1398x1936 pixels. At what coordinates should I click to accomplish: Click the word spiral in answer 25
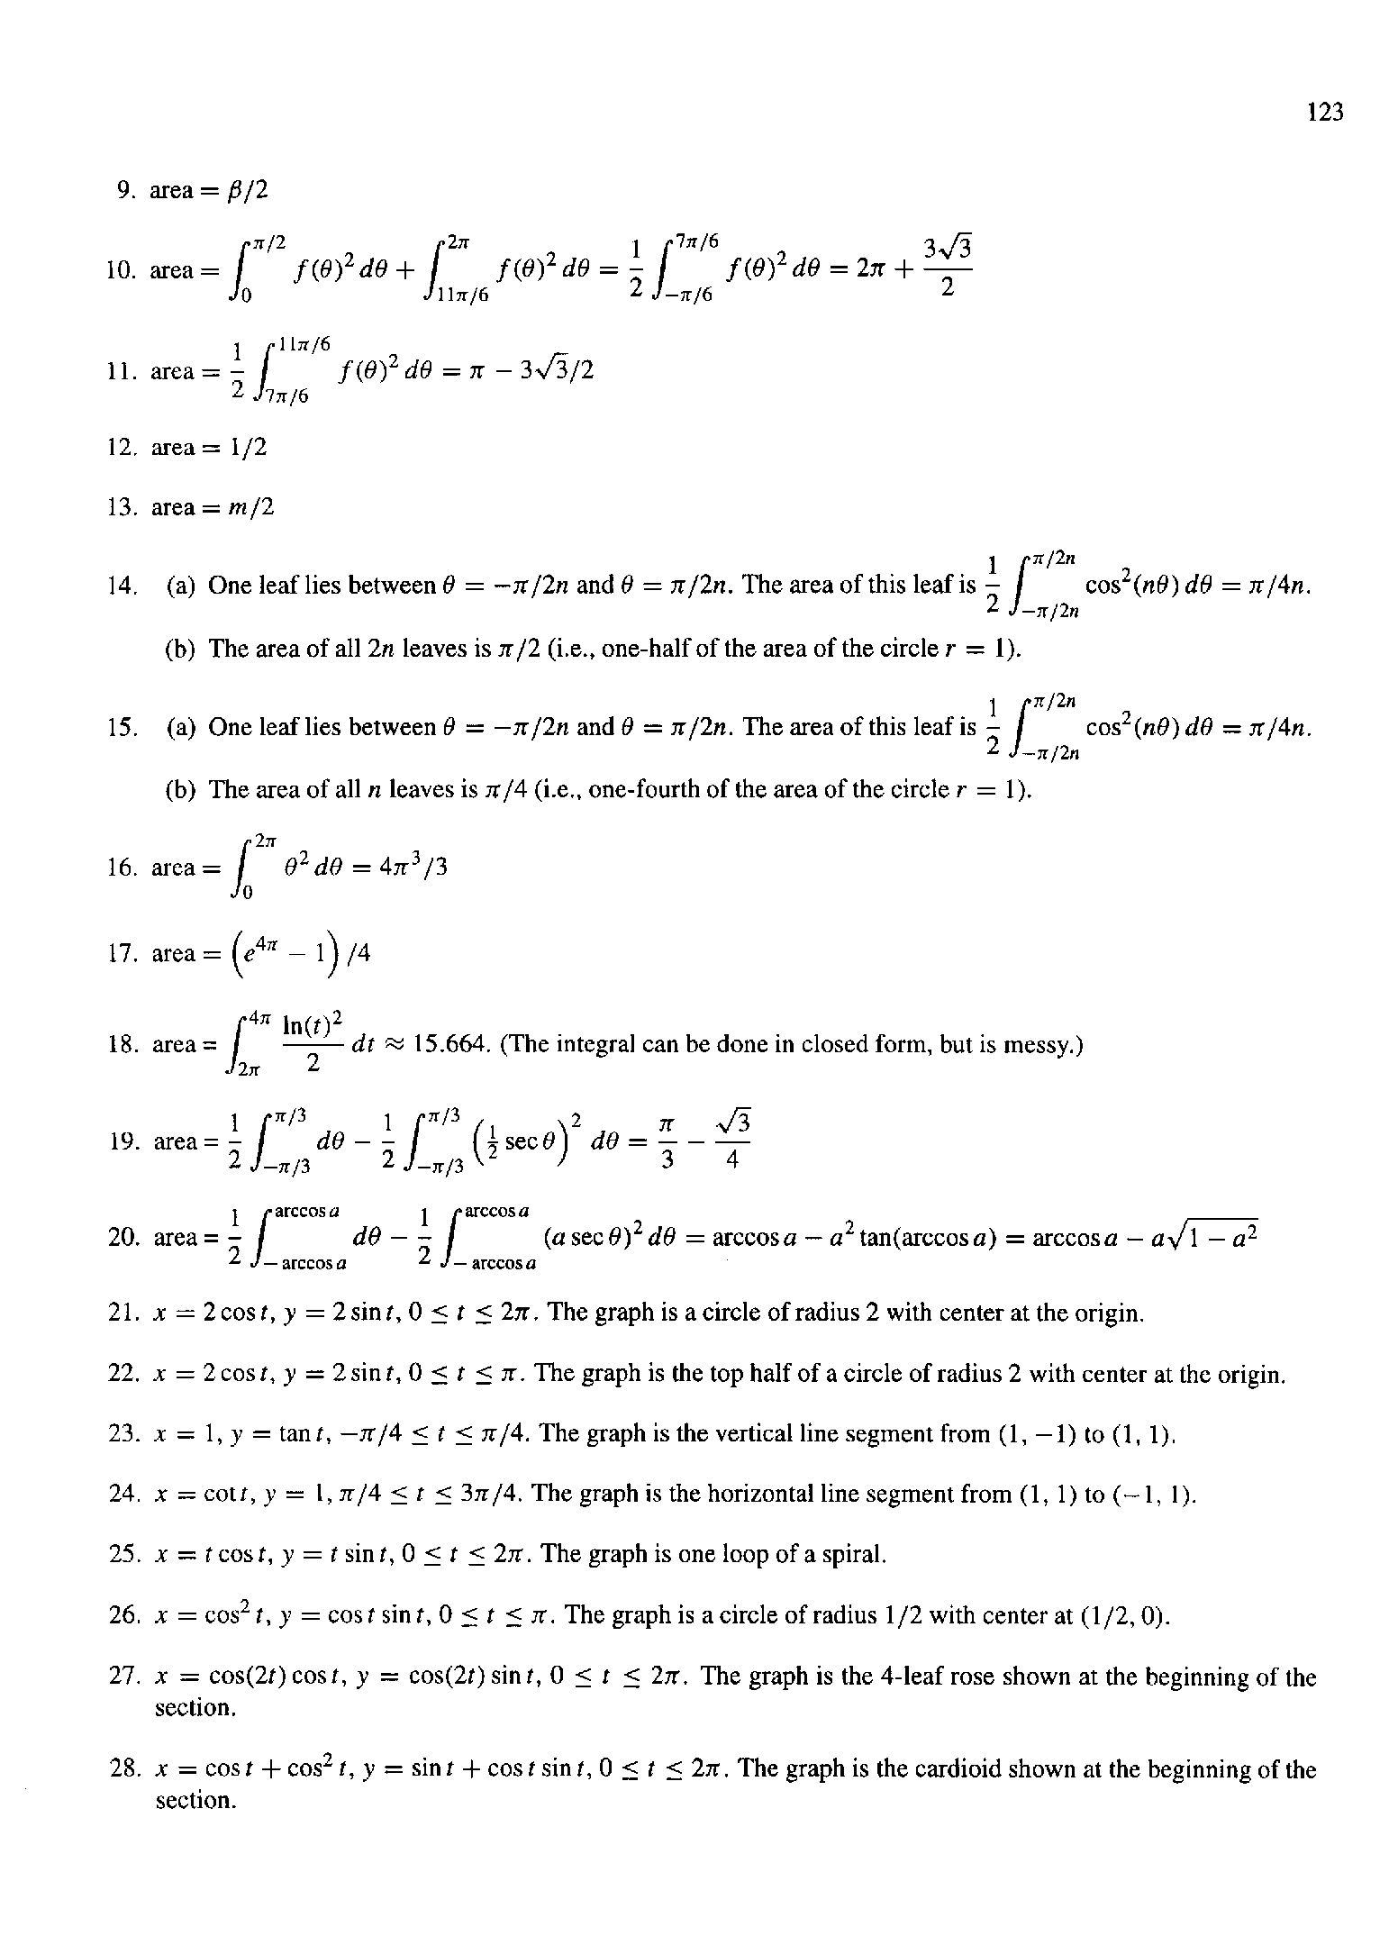tap(852, 1553)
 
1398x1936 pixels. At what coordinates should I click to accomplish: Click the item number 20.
tap(121, 1237)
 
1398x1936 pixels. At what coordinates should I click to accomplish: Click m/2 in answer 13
tap(252, 507)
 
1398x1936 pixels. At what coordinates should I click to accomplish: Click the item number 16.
tap(121, 868)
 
